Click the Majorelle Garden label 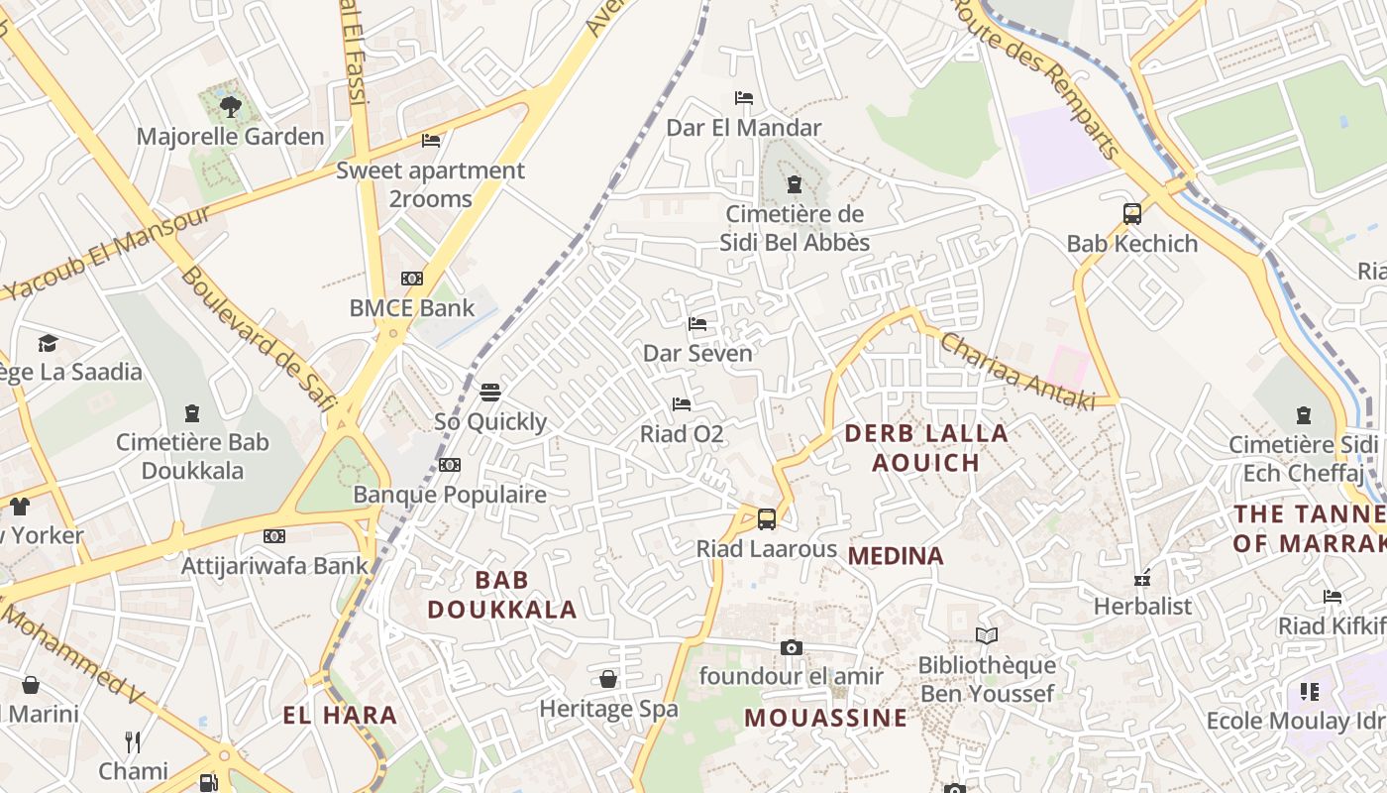point(230,137)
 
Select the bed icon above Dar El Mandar point(744,97)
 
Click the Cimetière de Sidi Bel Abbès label point(797,228)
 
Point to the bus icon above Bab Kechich point(1132,213)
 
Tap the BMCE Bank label point(412,308)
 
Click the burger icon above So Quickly point(490,393)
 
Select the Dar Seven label point(697,353)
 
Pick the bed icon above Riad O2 point(682,403)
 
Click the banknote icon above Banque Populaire point(450,465)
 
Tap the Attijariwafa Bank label point(274,566)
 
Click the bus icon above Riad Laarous point(767,518)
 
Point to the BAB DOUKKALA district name point(502,595)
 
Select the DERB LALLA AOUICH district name point(926,447)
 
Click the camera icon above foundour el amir point(791,647)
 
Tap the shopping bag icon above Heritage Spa point(608,679)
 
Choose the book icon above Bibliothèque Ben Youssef point(987,635)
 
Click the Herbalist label point(1142,606)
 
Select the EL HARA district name point(340,715)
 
